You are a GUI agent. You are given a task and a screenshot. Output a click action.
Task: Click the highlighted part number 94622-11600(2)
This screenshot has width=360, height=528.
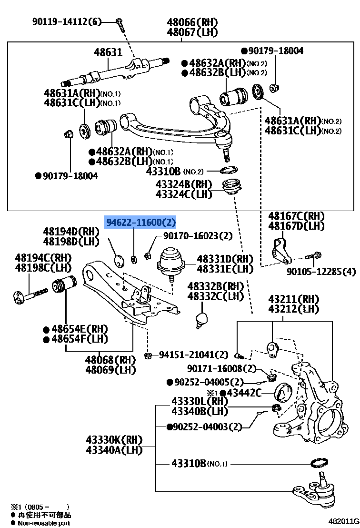(x=140, y=222)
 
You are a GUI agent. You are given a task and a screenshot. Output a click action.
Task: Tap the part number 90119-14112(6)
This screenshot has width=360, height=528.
(x=67, y=21)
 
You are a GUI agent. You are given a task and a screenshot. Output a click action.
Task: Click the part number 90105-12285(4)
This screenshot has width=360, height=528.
(x=321, y=272)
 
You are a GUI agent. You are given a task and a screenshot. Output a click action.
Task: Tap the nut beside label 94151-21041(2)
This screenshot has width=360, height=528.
(x=148, y=355)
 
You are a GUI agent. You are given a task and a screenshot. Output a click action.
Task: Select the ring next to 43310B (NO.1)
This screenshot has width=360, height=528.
(x=318, y=462)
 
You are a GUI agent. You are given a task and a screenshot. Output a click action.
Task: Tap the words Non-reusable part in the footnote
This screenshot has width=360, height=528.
(x=44, y=523)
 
